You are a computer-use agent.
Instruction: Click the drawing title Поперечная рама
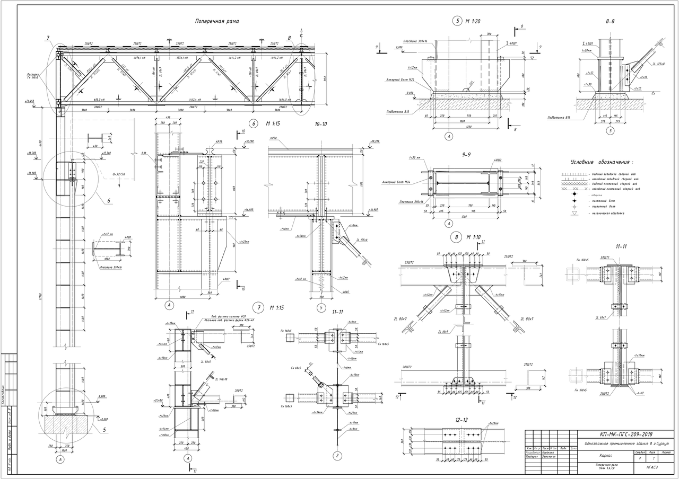point(217,22)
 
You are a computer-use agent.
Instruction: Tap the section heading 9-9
point(466,155)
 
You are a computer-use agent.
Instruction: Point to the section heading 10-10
point(321,125)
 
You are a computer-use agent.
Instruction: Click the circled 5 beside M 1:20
point(457,22)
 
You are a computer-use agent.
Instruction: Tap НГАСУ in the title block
point(652,468)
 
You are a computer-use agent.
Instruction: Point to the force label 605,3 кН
point(100,99)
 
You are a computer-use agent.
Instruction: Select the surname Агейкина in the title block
point(548,453)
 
